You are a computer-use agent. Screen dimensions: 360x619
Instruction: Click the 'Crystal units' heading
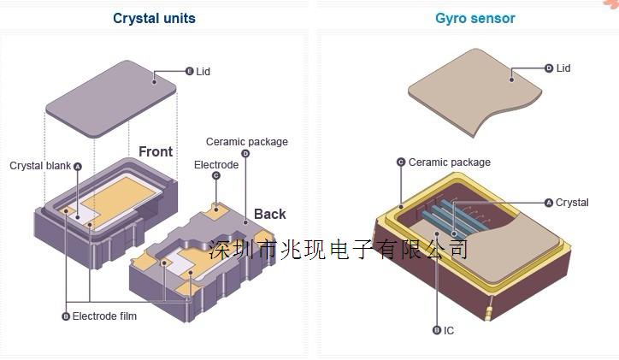tap(154, 18)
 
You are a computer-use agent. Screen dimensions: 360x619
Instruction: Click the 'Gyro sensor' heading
tap(475, 18)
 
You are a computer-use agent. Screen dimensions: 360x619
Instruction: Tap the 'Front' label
tap(156, 152)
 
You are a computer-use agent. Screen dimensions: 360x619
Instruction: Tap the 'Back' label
tap(269, 214)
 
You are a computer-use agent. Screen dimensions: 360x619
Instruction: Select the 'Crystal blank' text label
tap(40, 166)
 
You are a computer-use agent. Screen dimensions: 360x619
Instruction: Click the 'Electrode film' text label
tap(104, 316)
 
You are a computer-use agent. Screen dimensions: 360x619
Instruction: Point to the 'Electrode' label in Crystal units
tap(215, 164)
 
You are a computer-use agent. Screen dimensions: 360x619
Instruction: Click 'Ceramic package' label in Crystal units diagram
tap(246, 142)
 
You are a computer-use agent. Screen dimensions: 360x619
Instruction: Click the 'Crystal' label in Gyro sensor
tap(572, 203)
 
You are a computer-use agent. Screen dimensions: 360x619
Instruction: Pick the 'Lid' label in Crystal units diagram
tap(203, 71)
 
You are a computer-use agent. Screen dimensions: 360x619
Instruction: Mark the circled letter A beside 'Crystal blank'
tap(78, 166)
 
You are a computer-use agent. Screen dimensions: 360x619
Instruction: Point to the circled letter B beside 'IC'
tap(437, 330)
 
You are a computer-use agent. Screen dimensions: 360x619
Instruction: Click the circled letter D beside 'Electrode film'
tap(66, 316)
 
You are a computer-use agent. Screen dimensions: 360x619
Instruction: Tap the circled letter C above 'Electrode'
tap(215, 175)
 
